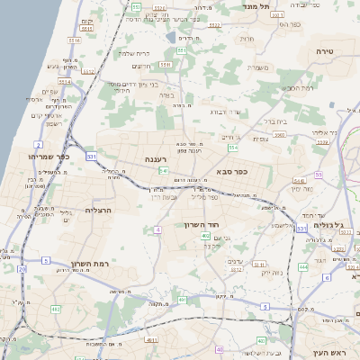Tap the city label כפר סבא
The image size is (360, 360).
pos(232,170)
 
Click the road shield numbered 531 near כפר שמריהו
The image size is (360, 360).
pos(91,156)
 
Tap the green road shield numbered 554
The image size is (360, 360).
pos(232,147)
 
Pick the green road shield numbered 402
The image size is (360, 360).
pos(206,236)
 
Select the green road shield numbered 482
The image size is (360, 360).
pos(56,309)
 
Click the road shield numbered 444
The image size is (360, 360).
pos(302,267)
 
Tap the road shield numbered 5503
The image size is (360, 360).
pos(279,135)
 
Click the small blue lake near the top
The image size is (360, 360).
pos(171,38)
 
